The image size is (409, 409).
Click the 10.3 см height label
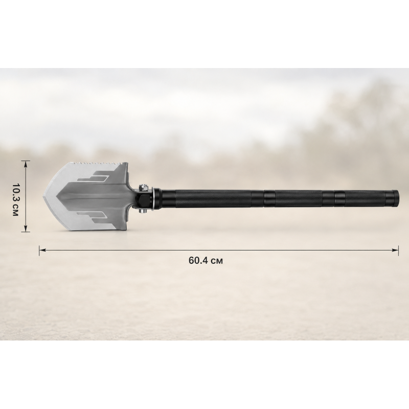[x=15, y=196]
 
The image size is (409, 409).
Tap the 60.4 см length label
[x=206, y=261]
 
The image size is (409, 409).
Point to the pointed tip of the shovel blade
[x=43, y=196]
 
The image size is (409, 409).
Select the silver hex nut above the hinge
[x=142, y=187]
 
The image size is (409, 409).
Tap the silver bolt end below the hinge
[x=142, y=211]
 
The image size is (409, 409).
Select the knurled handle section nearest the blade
[x=213, y=199]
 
